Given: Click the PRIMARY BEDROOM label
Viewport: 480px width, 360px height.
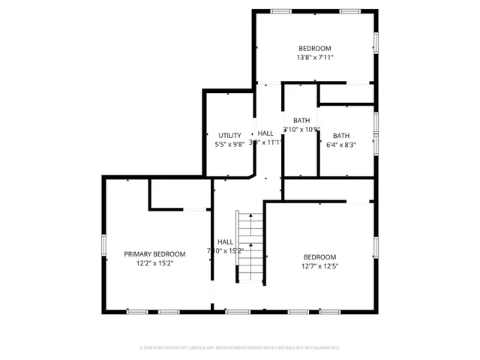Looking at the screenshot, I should pyautogui.click(x=154, y=254).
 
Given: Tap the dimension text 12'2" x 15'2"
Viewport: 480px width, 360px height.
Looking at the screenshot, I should pyautogui.click(x=154, y=264).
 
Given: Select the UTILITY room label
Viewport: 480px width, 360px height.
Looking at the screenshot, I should pyautogui.click(x=229, y=135).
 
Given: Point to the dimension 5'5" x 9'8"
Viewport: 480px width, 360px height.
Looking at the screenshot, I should pyautogui.click(x=229, y=144).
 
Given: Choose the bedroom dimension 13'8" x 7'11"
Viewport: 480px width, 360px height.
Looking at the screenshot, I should pyautogui.click(x=315, y=57).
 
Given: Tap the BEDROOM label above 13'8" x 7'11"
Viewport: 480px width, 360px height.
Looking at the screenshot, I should pyautogui.click(x=315, y=48).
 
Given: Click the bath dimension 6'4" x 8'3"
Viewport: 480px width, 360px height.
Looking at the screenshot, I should pyautogui.click(x=341, y=145).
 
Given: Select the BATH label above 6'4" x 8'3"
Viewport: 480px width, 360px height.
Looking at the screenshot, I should pyautogui.click(x=341, y=136).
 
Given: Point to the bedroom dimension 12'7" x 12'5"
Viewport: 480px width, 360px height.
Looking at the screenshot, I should pyautogui.click(x=320, y=265).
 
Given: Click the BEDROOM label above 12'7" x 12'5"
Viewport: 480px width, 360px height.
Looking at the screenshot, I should pyautogui.click(x=320, y=256).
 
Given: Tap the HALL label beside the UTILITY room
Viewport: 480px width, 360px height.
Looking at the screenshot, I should pyautogui.click(x=265, y=133).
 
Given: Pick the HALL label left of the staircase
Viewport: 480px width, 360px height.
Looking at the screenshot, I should pyautogui.click(x=225, y=241).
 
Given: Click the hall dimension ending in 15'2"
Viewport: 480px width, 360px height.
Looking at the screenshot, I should pyautogui.click(x=225, y=250).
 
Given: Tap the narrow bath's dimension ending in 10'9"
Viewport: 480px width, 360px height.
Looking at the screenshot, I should pyautogui.click(x=301, y=129).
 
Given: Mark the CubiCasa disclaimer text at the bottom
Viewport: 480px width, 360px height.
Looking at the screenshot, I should pyautogui.click(x=240, y=347).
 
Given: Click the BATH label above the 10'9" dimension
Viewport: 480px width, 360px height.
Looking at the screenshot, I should pyautogui.click(x=301, y=120).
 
